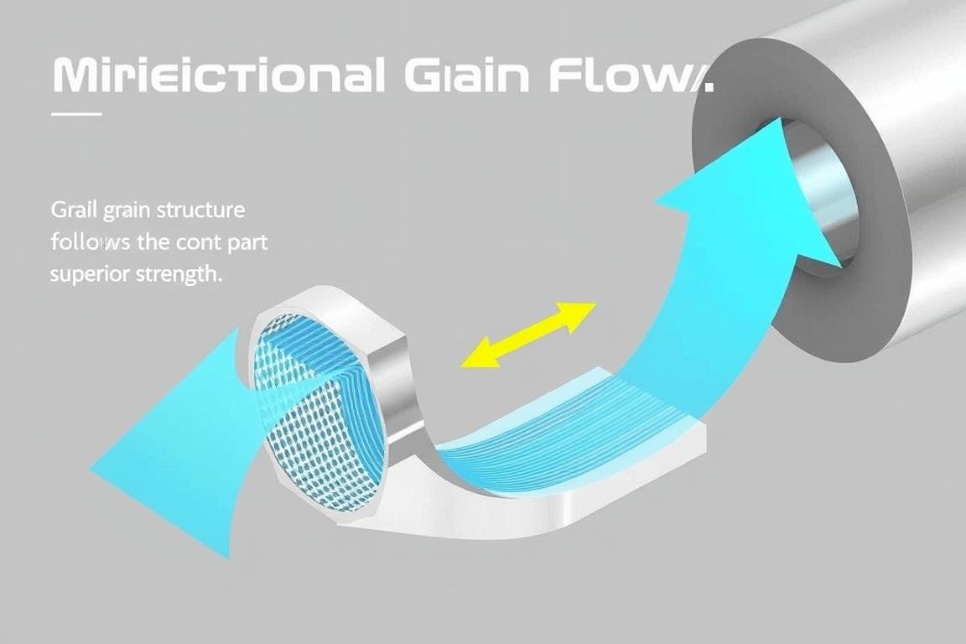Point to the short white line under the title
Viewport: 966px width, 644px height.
76,113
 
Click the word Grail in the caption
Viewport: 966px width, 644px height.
72,209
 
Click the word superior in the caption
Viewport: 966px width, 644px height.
86,274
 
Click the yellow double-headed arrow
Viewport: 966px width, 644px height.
527,335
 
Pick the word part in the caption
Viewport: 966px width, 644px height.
249,242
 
